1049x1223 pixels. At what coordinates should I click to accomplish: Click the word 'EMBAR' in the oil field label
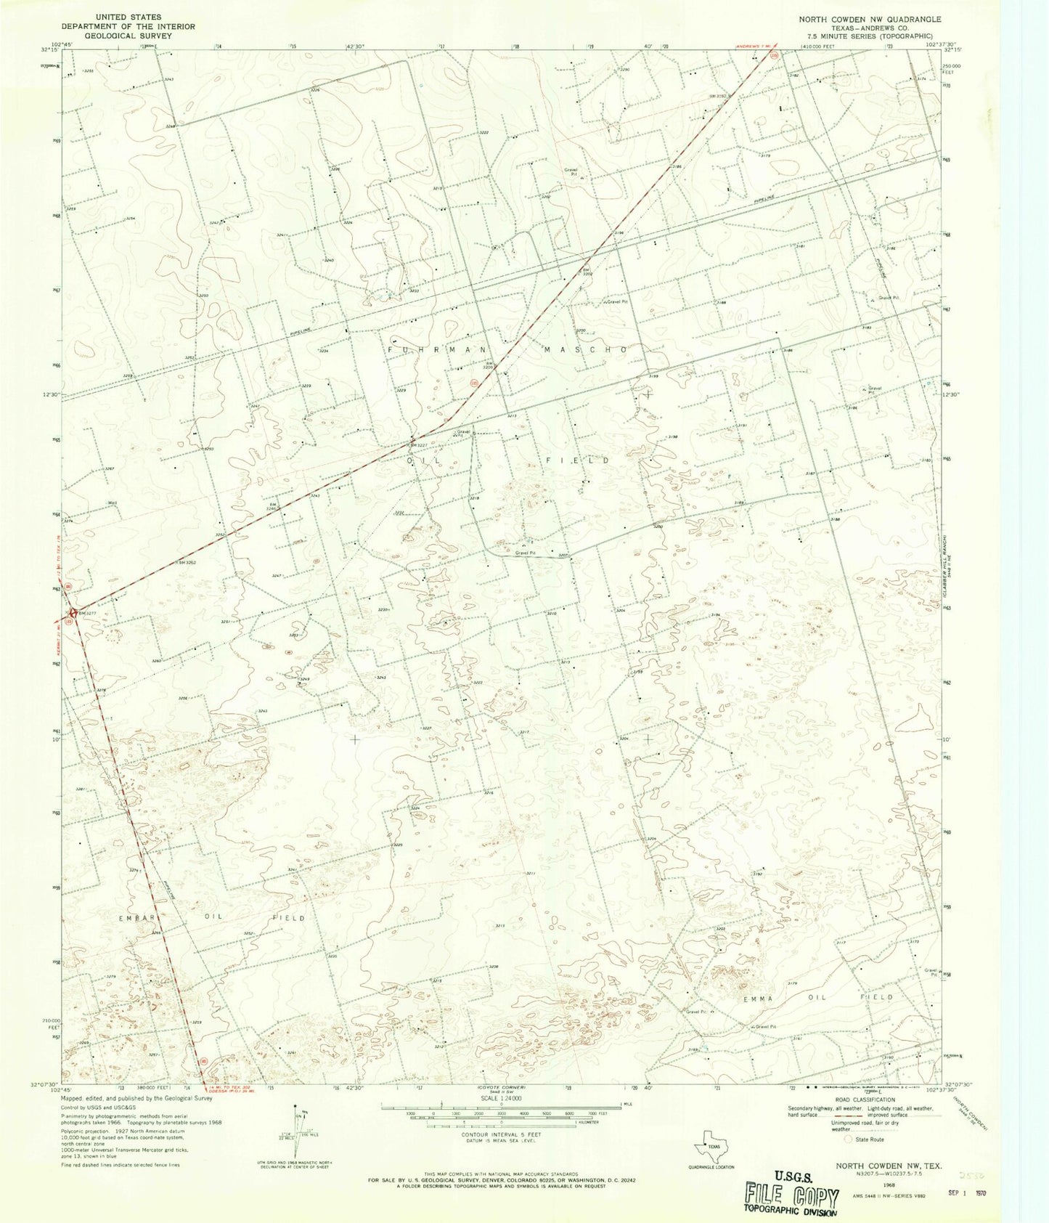pos(136,918)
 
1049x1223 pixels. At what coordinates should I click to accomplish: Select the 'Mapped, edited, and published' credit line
pos(136,1099)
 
